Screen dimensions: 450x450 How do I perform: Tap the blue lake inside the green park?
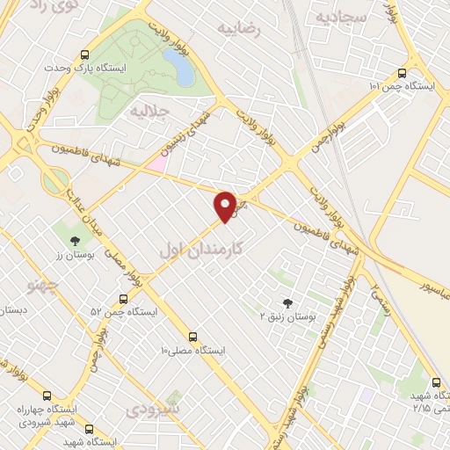178,67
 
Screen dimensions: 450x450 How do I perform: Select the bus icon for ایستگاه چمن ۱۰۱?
402,74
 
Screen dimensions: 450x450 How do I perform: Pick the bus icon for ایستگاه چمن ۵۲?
122,299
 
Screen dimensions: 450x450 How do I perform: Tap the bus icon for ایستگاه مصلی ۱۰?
193,337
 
